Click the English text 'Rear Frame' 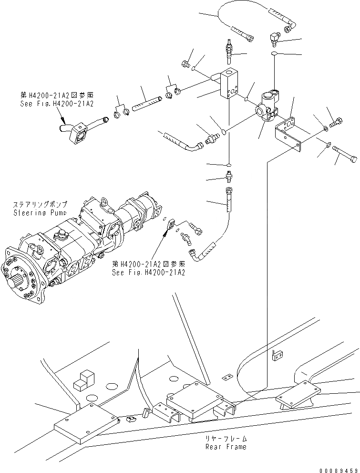click(226, 447)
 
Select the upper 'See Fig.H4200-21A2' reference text click(57, 104)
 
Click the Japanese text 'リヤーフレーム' click(226, 439)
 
